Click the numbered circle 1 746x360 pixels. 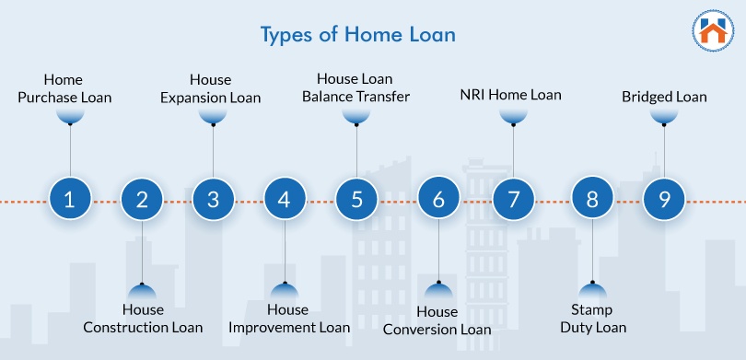(x=70, y=199)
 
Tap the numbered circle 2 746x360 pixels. (x=142, y=199)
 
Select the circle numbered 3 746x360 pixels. (x=214, y=199)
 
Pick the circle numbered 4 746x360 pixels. (x=285, y=199)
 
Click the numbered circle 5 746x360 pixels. (x=356, y=199)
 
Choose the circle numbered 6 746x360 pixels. (x=438, y=199)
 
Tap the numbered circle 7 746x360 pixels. (x=513, y=199)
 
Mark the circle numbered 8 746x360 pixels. (x=592, y=199)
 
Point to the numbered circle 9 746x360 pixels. (x=664, y=199)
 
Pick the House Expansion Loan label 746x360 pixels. (x=211, y=88)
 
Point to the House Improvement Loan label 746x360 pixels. (x=288, y=319)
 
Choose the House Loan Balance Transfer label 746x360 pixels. (x=356, y=87)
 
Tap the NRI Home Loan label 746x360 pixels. (x=510, y=95)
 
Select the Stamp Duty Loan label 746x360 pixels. (x=590, y=319)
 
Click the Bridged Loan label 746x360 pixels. (x=664, y=96)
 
